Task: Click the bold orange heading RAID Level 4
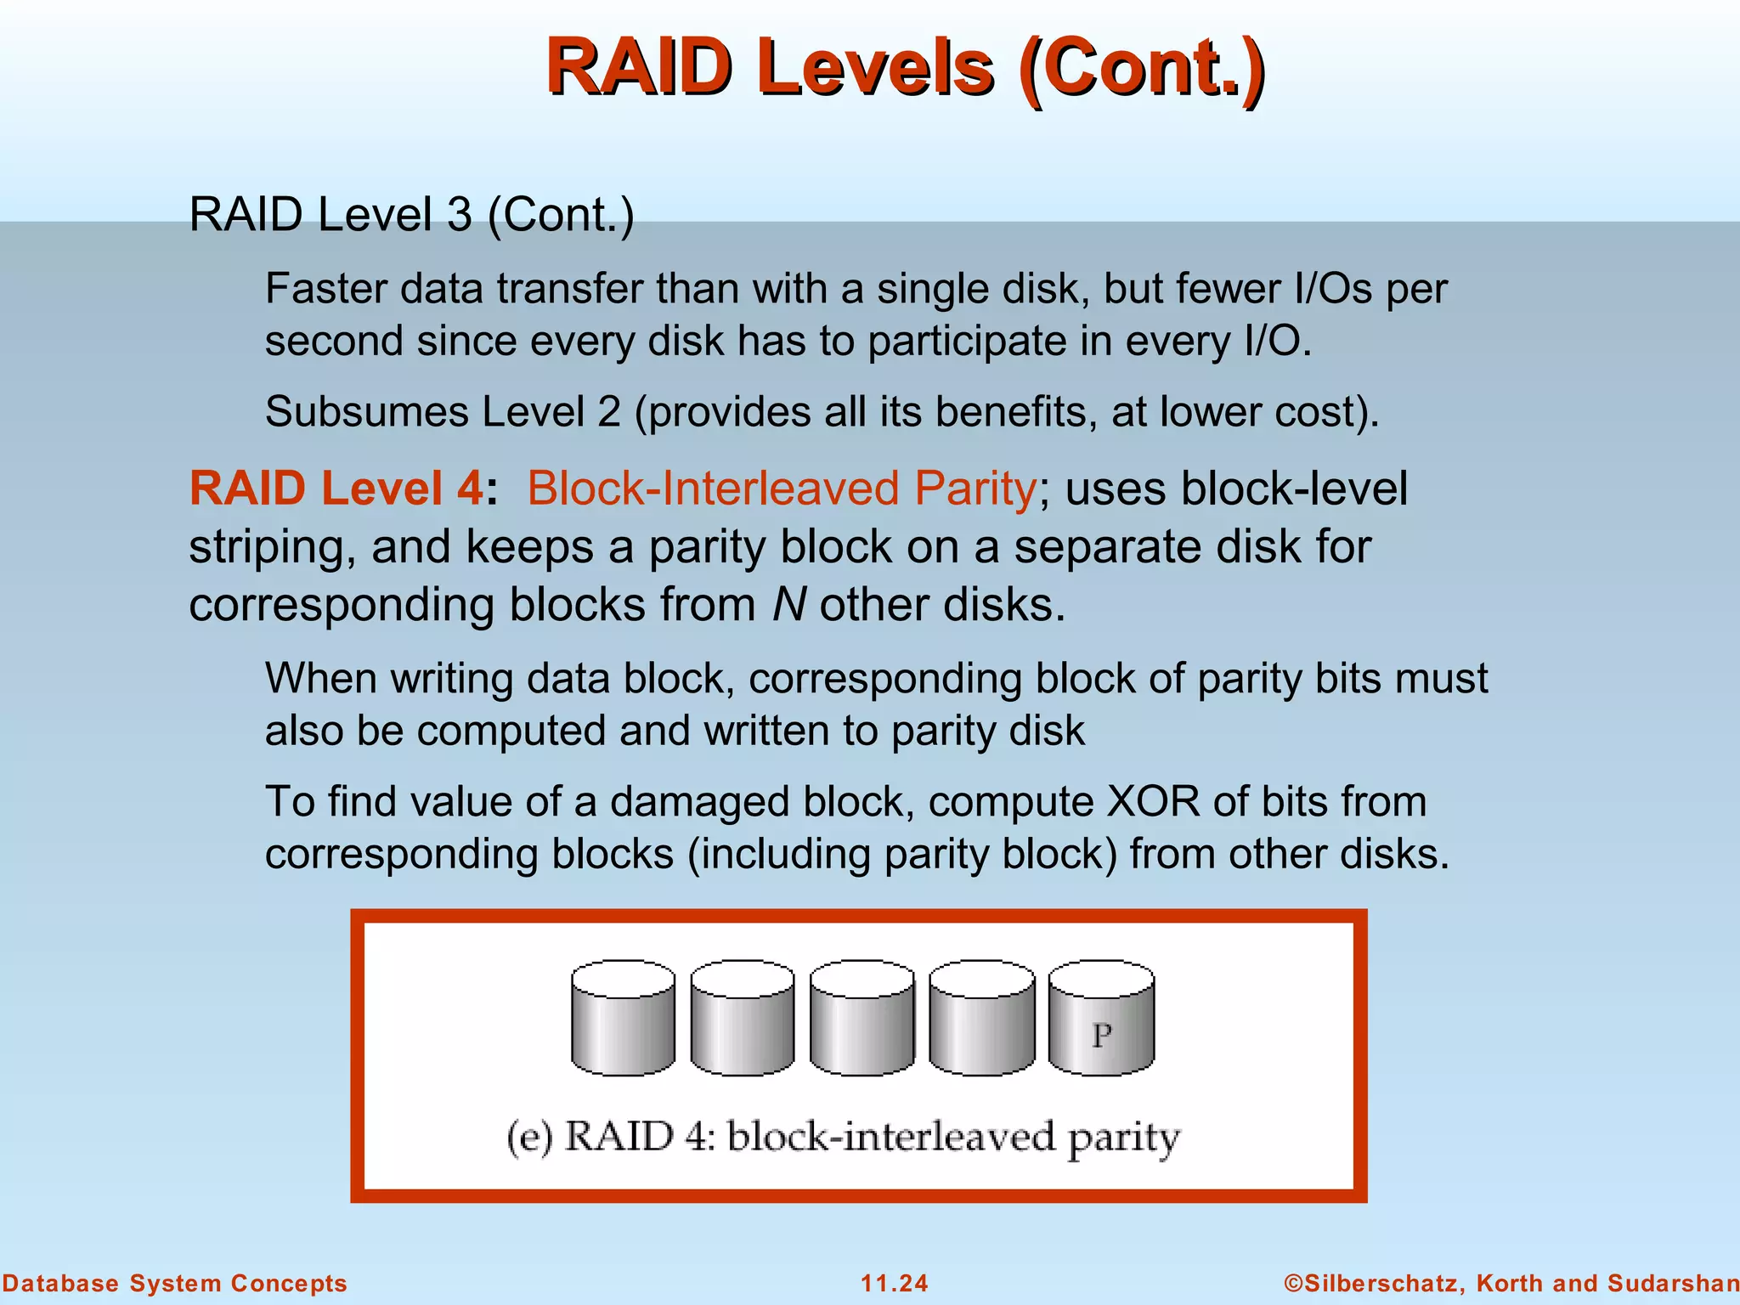coord(336,489)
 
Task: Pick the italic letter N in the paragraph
coord(788,605)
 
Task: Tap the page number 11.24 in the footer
coord(895,1283)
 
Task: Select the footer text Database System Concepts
coord(174,1283)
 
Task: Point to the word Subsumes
coord(367,412)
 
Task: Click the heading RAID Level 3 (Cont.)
coord(411,214)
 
